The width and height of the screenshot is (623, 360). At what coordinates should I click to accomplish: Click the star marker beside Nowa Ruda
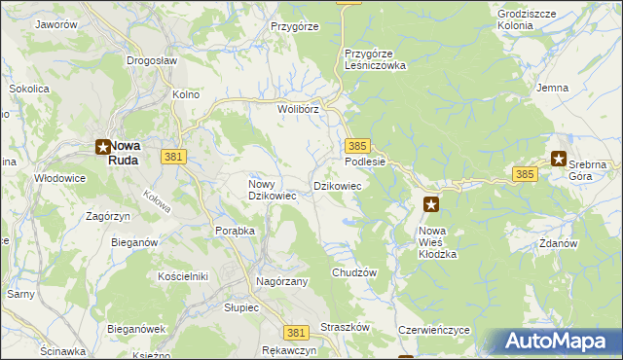tap(102, 148)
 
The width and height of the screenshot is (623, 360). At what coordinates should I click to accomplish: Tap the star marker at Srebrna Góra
tap(559, 159)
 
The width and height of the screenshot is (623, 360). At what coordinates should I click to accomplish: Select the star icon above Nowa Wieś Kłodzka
tap(431, 204)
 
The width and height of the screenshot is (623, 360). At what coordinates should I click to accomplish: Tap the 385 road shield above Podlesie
tap(355, 144)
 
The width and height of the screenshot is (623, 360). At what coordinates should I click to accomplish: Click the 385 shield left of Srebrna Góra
tap(525, 173)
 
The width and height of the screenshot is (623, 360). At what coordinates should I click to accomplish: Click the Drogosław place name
tap(151, 59)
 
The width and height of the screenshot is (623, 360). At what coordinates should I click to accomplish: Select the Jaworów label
tap(55, 23)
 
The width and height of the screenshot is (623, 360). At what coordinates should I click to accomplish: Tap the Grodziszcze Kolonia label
tap(529, 19)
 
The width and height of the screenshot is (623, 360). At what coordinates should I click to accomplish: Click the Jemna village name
tap(552, 88)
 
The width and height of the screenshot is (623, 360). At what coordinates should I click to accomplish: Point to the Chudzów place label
tap(353, 273)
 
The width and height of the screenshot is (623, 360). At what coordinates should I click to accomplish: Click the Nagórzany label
tap(281, 281)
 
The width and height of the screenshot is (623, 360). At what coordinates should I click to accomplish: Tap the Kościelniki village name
tap(183, 276)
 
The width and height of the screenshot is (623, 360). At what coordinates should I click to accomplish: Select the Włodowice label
tap(61, 178)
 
